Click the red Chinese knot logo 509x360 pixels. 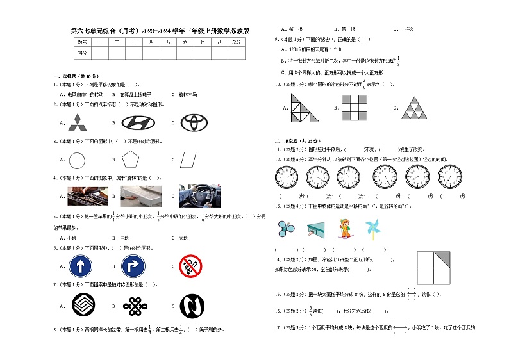[133, 305]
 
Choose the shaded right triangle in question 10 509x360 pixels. [305, 107]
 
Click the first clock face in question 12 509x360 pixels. [285, 176]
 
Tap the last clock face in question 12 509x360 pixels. [452, 176]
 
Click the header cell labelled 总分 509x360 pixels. [237, 42]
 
